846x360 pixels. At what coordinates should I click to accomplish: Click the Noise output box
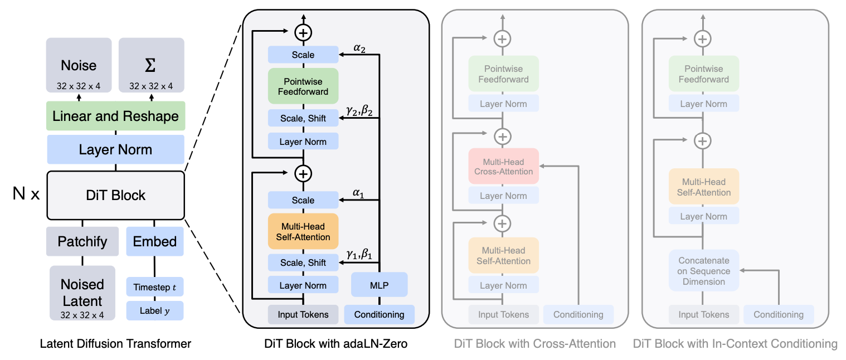pos(79,65)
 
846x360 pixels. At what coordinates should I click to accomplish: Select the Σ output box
pos(152,65)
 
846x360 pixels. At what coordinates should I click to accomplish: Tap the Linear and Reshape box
pos(115,116)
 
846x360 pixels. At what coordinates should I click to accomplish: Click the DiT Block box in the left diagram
pos(115,195)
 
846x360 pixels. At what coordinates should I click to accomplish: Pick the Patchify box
pos(82,241)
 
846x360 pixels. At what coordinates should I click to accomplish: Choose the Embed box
pos(155,241)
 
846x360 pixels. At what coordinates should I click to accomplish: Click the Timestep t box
pos(155,287)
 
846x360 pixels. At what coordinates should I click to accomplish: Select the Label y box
pos(155,310)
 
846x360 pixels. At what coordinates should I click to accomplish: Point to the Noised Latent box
pos(82,293)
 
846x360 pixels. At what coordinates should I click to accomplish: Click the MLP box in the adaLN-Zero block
pos(379,285)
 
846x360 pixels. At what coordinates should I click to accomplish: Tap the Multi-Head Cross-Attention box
pos(503,166)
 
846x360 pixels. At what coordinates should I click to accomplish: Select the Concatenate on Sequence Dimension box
pos(704,270)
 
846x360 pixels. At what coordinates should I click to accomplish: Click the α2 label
pos(359,48)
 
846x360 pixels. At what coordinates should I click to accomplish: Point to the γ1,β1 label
pos(359,254)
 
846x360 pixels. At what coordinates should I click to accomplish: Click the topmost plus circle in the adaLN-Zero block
pos(303,32)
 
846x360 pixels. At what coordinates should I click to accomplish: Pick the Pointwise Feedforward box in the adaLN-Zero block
pos(303,86)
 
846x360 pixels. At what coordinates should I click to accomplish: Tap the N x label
pos(26,194)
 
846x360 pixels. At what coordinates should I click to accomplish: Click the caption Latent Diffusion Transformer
pos(115,344)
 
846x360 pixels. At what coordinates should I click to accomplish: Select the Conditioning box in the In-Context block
pos(779,315)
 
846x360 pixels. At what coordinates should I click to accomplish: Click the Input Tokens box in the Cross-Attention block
pos(503,315)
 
